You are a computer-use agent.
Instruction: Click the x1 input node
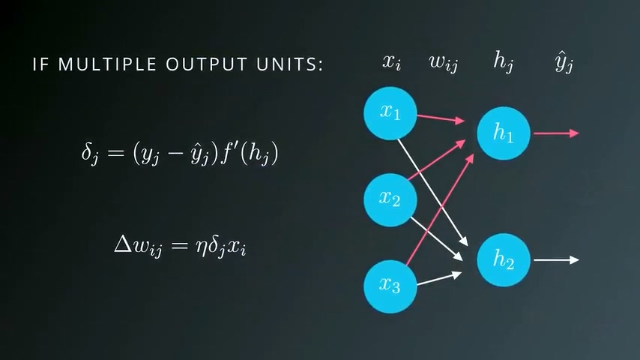[390, 112]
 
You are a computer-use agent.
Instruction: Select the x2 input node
[390, 199]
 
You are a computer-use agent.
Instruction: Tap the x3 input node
[390, 286]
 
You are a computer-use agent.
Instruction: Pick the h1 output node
[504, 133]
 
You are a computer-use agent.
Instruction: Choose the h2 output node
[504, 259]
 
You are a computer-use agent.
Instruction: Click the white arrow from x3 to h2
[438, 280]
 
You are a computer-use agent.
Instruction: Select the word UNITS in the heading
[289, 64]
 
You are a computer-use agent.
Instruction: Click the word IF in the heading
[41, 64]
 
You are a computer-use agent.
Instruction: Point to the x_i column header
[391, 63]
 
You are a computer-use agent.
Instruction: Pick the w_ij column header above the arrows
[443, 63]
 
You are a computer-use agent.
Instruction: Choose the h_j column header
[503, 63]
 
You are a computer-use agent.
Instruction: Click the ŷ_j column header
[564, 63]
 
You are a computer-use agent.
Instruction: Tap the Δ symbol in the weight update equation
[122, 244]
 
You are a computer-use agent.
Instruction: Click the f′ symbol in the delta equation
[227, 153]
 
